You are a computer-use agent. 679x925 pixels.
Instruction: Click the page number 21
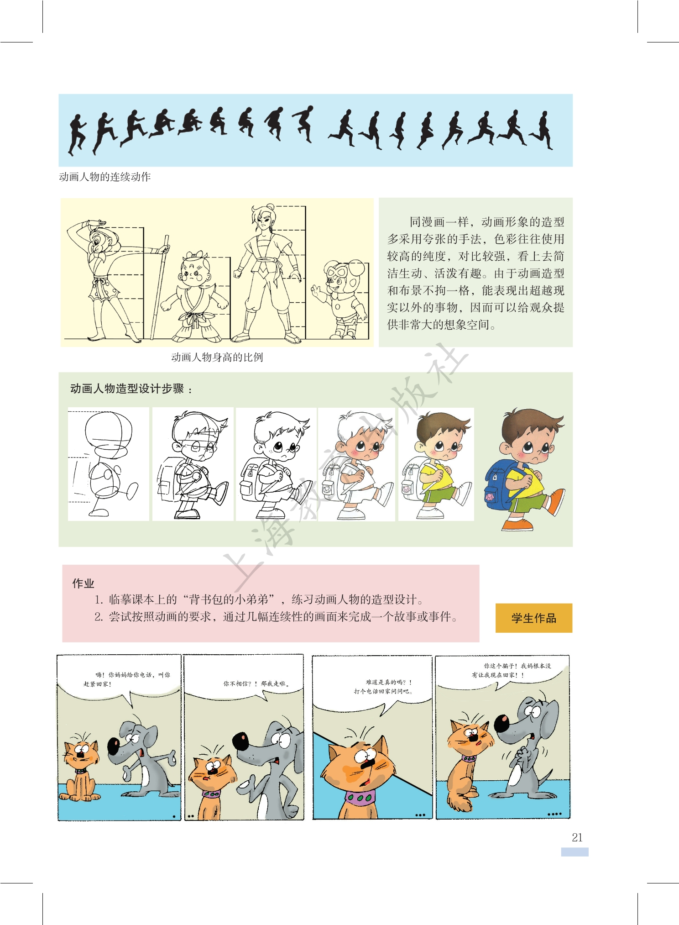point(577,837)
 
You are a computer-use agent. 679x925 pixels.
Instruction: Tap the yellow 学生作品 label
point(533,618)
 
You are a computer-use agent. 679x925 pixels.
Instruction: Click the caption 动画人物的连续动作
point(104,177)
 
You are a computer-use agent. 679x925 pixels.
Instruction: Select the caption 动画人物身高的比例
point(217,357)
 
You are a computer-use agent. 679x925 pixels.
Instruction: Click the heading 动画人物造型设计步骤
point(127,389)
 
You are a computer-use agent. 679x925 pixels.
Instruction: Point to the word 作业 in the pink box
point(83,583)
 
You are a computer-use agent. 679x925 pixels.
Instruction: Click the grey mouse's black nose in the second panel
point(240,740)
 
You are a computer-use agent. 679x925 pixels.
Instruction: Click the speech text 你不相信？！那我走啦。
point(256,683)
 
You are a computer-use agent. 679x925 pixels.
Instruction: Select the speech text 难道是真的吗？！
point(389,682)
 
